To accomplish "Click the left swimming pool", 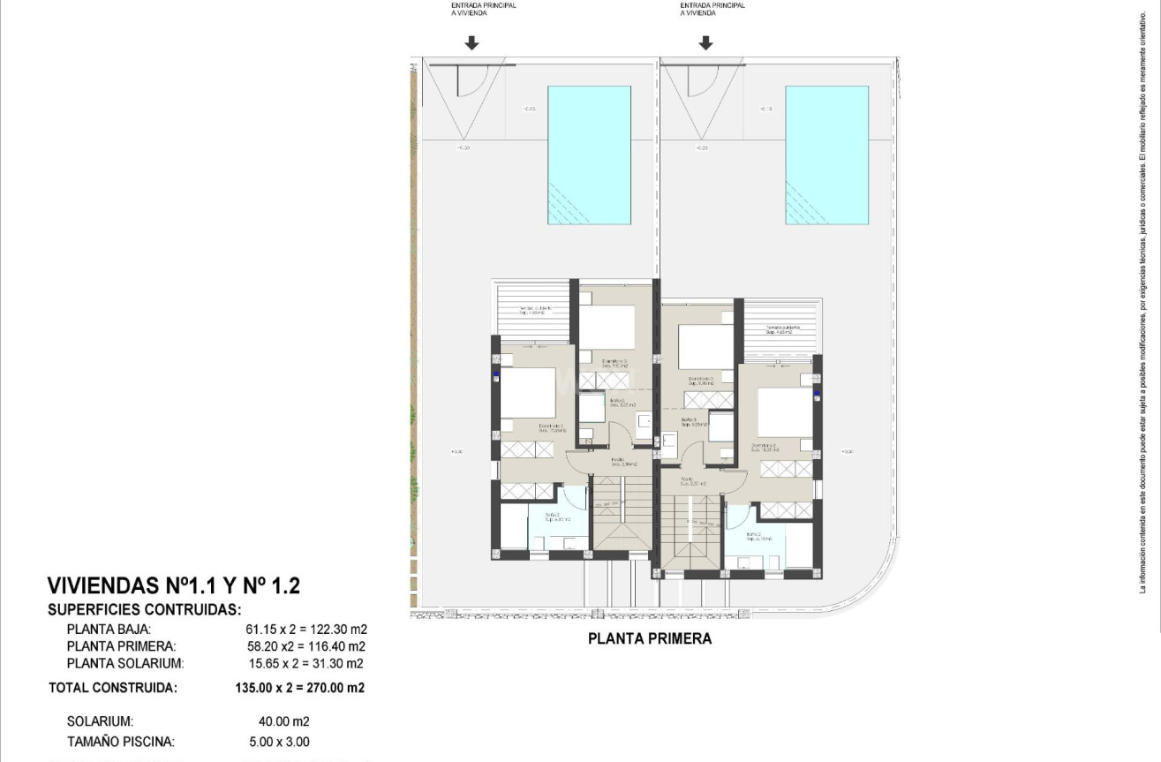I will pyautogui.click(x=589, y=155).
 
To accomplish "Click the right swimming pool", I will pyautogui.click(x=826, y=155).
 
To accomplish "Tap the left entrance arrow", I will pyautogui.click(x=471, y=43).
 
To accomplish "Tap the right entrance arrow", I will pyautogui.click(x=705, y=43).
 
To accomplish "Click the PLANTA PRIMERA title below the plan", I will pyautogui.click(x=649, y=638).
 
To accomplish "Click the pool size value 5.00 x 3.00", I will pyautogui.click(x=279, y=742).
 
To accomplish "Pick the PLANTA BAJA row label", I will pyautogui.click(x=109, y=630).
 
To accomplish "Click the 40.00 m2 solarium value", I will pyautogui.click(x=279, y=721).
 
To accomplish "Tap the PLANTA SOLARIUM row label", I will pyautogui.click(x=125, y=663).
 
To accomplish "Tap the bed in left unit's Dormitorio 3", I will pyautogui.click(x=607, y=327).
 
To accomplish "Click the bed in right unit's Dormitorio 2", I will pyautogui.click(x=784, y=411).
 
